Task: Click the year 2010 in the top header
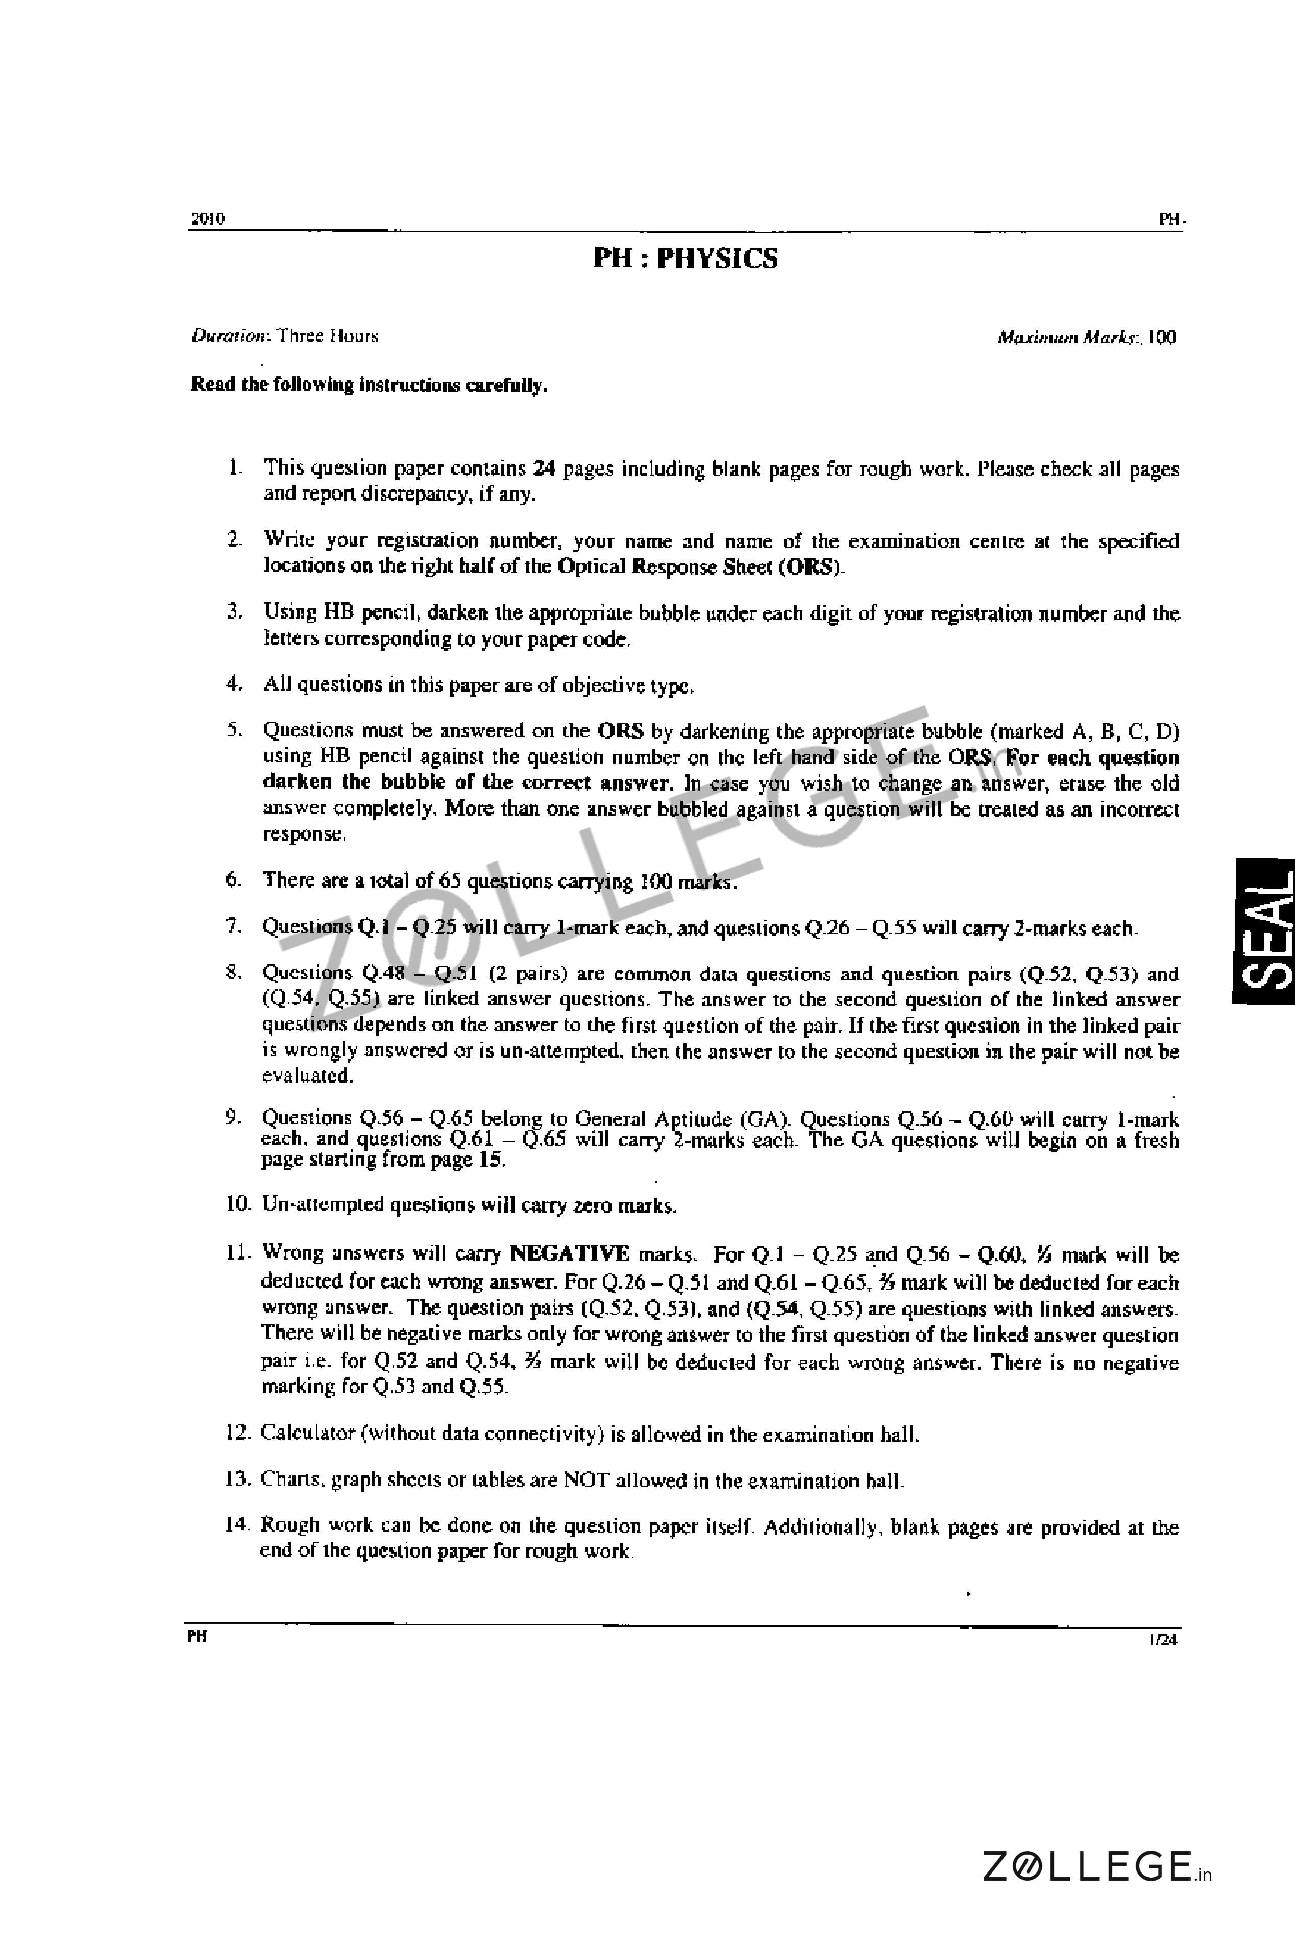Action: [x=207, y=219]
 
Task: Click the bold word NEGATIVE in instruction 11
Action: [x=569, y=1253]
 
